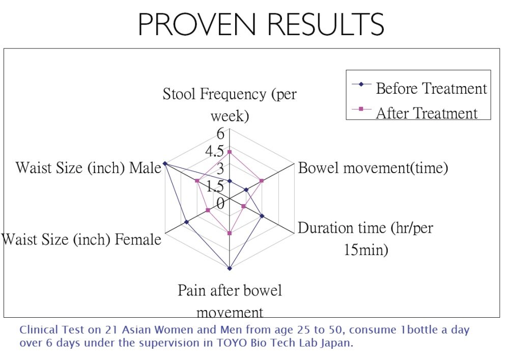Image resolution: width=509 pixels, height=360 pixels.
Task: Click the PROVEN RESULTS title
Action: tap(261, 24)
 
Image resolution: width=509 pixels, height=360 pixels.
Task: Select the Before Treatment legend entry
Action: tap(419, 88)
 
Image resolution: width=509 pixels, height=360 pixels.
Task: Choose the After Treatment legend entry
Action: tap(415, 113)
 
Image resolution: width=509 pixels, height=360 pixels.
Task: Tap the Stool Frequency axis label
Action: tap(230, 104)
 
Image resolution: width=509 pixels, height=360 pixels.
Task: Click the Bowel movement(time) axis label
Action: tap(373, 168)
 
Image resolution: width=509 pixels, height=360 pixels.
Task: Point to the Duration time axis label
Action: tap(365, 239)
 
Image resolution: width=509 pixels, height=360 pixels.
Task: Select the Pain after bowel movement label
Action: tap(230, 301)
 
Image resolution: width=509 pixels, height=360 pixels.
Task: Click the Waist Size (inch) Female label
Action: tap(81, 239)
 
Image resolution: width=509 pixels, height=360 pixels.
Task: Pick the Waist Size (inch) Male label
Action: tap(88, 168)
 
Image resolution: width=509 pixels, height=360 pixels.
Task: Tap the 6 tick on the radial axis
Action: tap(220, 133)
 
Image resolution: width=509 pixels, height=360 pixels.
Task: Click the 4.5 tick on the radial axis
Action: tap(215, 151)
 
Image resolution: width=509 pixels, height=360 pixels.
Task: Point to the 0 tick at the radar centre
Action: tap(220, 204)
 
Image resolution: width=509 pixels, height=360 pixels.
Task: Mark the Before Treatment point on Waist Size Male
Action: tap(164, 163)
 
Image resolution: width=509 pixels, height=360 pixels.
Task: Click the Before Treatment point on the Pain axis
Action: tap(230, 268)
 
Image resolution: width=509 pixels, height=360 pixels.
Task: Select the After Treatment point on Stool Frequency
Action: tap(230, 152)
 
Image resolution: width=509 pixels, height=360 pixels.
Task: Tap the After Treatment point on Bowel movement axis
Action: tap(262, 181)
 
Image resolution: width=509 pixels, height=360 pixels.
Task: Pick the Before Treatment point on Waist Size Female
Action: tap(186, 222)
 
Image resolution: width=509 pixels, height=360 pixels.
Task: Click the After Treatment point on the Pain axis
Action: tap(230, 233)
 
